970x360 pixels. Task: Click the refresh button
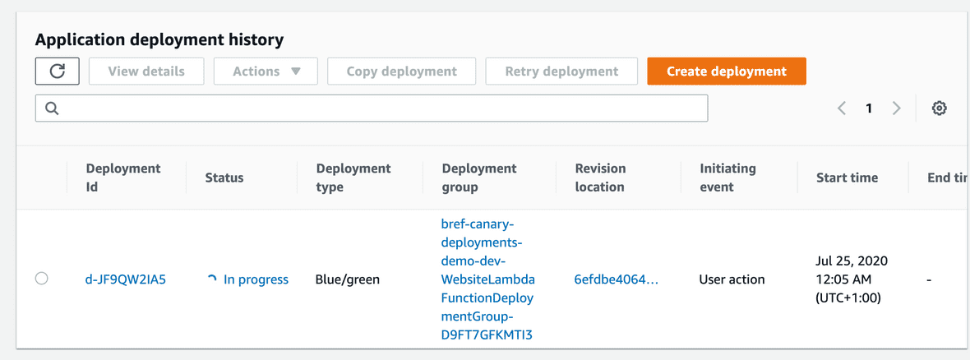(x=58, y=72)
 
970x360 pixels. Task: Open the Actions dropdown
(x=266, y=72)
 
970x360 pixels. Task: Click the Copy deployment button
(x=401, y=72)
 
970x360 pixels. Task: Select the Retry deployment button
(x=561, y=72)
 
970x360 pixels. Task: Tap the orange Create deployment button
(x=726, y=72)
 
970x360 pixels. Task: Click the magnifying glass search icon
(x=52, y=108)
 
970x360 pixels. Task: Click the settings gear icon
(x=939, y=108)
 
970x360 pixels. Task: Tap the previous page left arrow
(x=841, y=108)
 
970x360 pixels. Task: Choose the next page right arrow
(x=896, y=108)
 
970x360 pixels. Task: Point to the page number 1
(x=869, y=108)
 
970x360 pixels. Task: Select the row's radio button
(x=41, y=279)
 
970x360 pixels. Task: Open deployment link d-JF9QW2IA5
(x=126, y=279)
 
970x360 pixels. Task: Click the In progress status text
(x=256, y=279)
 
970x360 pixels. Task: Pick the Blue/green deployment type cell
(x=348, y=279)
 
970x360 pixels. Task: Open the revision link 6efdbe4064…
(x=617, y=279)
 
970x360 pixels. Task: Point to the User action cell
(x=732, y=279)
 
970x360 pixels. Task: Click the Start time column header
(x=847, y=178)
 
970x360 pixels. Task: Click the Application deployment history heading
(x=159, y=40)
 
